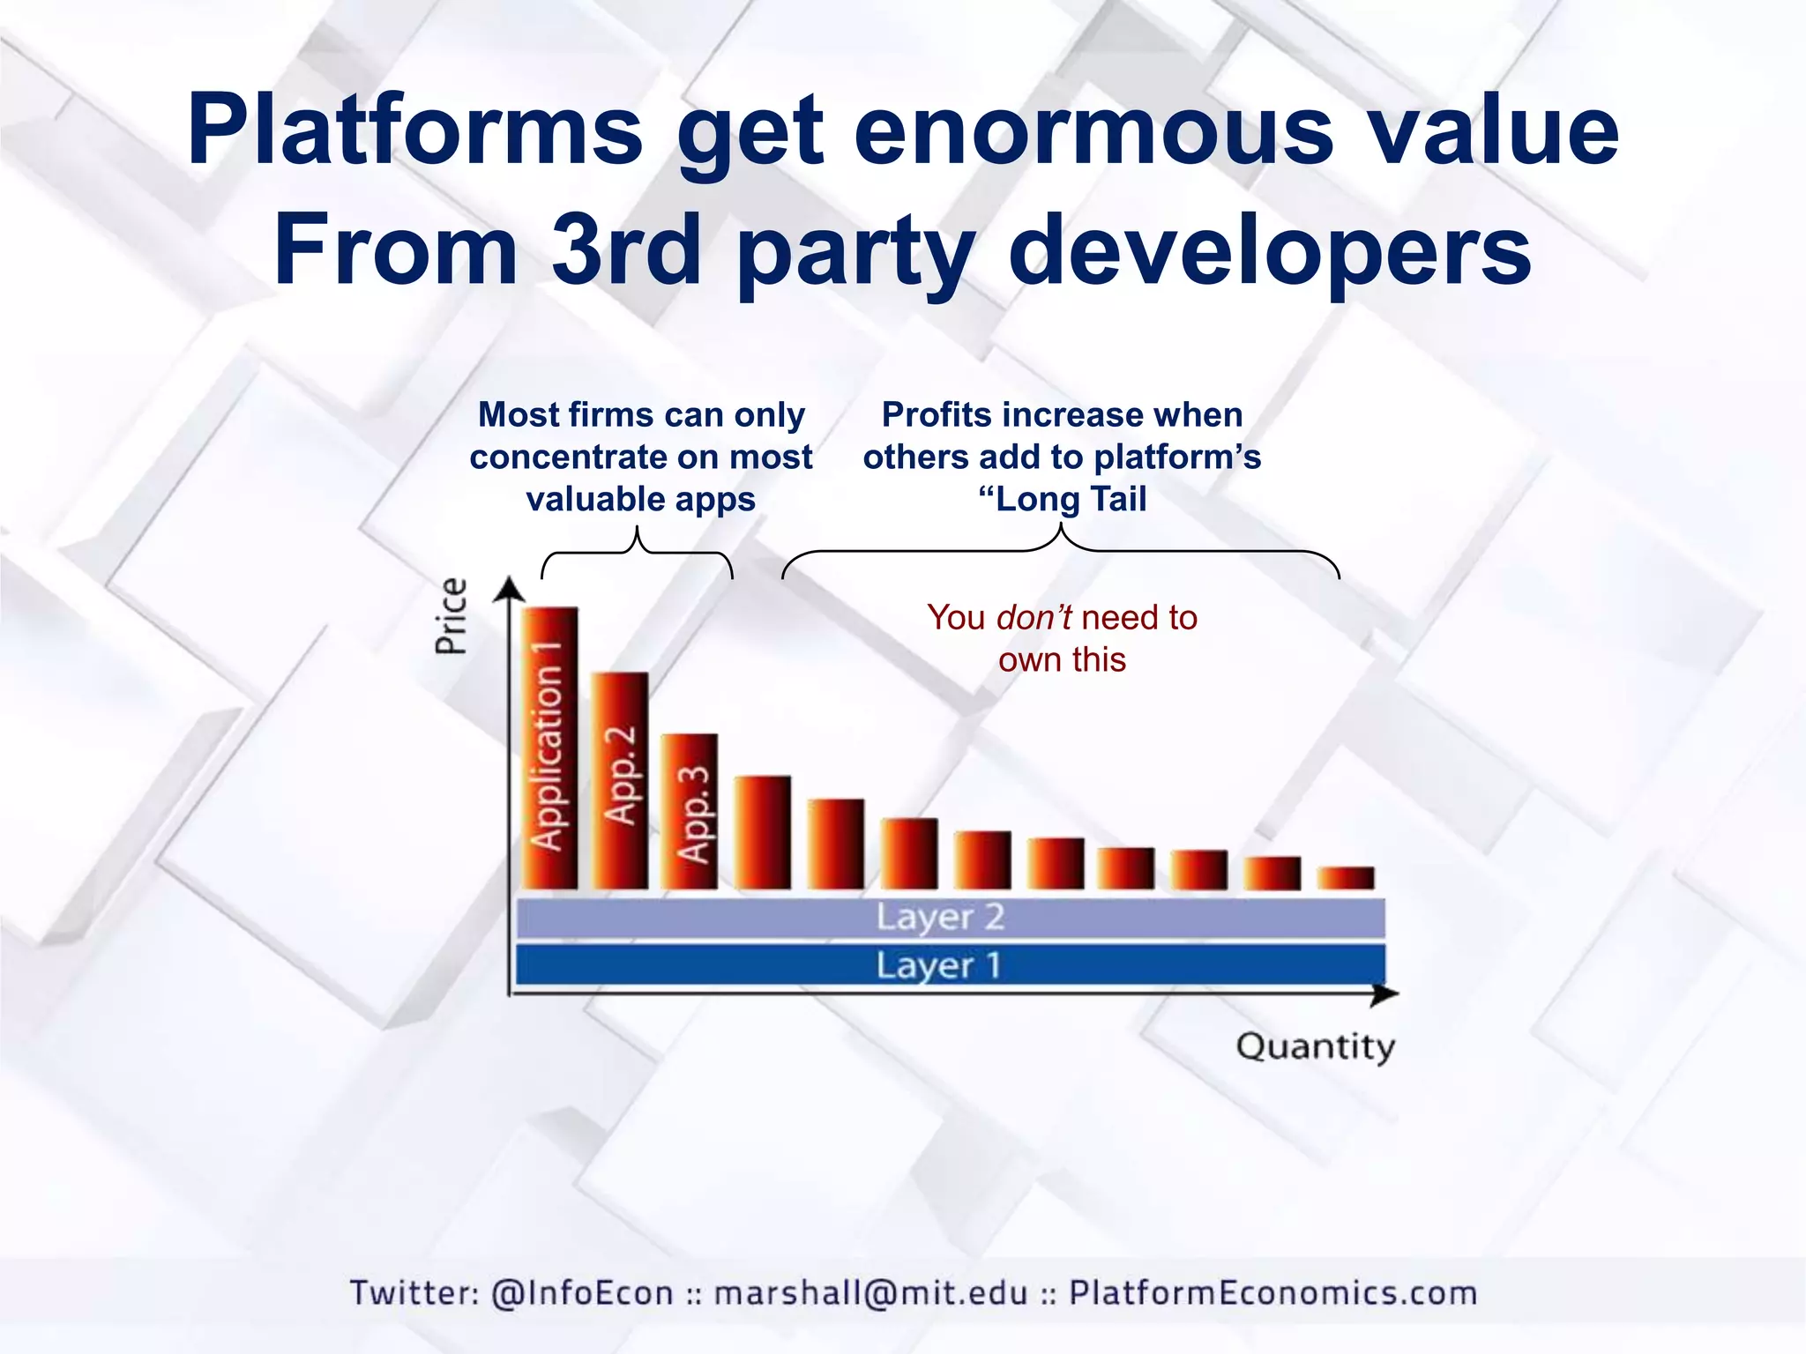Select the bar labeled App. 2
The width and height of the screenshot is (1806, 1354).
point(619,779)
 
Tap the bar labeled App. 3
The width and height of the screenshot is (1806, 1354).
point(690,811)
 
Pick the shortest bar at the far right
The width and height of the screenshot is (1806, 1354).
point(1346,878)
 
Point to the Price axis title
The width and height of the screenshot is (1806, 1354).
point(451,616)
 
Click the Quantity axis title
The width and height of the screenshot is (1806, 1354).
point(1315,1047)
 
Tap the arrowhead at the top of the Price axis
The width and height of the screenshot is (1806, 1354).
point(509,588)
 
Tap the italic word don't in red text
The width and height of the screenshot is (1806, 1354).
point(1034,618)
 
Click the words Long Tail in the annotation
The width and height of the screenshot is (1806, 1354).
point(1071,500)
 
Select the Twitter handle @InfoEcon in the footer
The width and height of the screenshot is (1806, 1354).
point(582,1293)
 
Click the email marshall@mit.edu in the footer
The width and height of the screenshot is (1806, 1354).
point(870,1293)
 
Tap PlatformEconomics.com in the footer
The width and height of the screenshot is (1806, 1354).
point(1272,1293)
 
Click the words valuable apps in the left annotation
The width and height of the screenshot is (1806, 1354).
point(641,500)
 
